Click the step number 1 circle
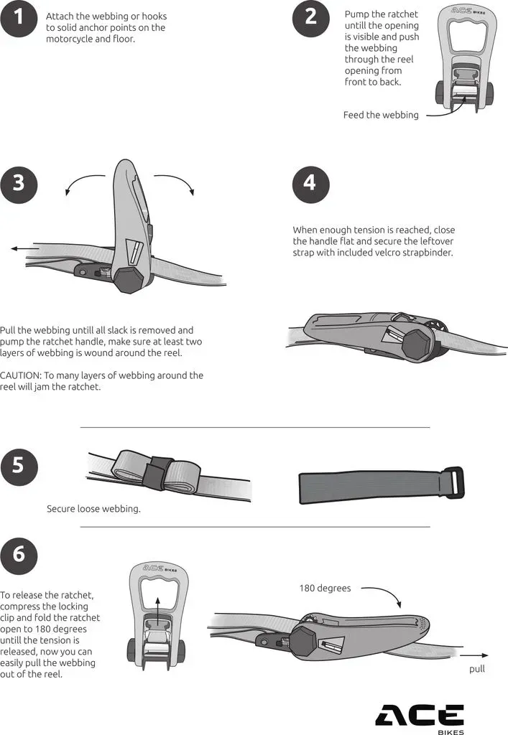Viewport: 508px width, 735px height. pos(18,18)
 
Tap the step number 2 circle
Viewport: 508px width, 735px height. pos(310,18)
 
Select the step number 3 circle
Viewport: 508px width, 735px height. pos(18,183)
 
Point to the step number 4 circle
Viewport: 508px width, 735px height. pos(310,183)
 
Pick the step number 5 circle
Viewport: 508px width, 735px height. pos(18,467)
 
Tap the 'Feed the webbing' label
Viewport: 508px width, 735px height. pos(381,115)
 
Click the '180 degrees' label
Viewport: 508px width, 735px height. pos(325,589)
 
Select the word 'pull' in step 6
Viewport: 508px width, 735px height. pos(477,669)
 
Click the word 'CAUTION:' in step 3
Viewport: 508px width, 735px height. pos(20,375)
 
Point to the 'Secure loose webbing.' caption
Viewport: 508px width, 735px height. pos(93,509)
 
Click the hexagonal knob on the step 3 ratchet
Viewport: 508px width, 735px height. pos(129,280)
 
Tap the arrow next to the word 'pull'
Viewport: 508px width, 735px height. pos(474,655)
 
